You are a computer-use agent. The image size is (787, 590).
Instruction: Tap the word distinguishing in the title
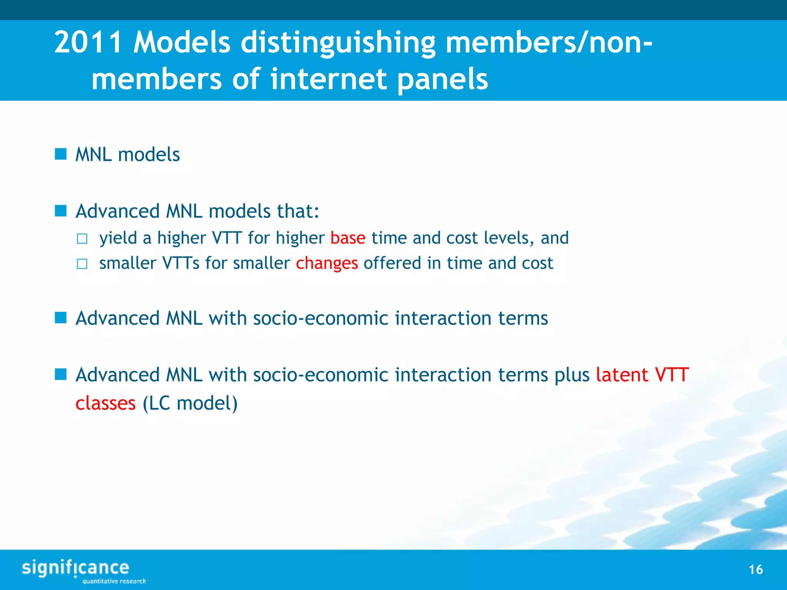click(338, 43)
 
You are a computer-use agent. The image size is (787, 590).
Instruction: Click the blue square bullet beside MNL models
click(61, 154)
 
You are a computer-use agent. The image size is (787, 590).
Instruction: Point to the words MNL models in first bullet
click(128, 155)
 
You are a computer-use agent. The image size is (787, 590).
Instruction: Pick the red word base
click(348, 238)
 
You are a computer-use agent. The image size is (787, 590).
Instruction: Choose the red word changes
click(327, 264)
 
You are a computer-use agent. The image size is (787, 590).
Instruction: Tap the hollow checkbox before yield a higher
click(82, 239)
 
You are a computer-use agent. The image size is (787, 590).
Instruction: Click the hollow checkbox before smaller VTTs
click(82, 264)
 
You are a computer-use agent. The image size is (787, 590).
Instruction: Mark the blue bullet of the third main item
click(61, 318)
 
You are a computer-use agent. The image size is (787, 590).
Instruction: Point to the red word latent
click(622, 375)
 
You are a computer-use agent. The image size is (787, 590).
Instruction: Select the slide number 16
click(755, 570)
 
